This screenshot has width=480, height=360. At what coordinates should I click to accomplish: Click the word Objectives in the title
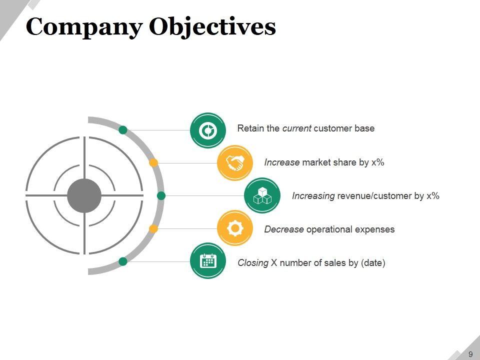coord(212,27)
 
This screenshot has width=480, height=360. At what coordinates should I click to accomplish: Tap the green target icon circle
coord(207,130)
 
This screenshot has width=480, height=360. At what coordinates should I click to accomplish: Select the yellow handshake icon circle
coord(234,162)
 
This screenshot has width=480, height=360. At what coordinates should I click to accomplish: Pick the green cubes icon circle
coord(262,195)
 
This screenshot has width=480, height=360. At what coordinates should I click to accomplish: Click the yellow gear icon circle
coord(234,228)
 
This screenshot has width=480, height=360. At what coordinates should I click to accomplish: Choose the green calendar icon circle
coord(207,261)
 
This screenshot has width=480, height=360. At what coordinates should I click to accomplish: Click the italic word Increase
coord(282,162)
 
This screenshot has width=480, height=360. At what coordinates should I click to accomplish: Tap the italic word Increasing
coord(313,195)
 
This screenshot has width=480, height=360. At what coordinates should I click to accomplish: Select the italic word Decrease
coord(284,229)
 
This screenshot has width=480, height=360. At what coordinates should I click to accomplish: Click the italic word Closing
coord(253,262)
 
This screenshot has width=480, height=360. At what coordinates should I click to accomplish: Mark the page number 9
coord(470,354)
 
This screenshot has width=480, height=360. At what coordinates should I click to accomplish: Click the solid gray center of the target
coord(84,195)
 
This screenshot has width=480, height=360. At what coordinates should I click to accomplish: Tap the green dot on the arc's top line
coord(123,130)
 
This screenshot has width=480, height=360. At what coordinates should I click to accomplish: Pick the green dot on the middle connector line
coord(161,195)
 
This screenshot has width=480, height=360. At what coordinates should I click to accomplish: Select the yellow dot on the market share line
coord(154,162)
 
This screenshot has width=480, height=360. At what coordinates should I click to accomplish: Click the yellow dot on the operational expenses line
coord(154,228)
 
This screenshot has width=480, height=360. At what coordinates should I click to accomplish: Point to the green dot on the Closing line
coord(123,261)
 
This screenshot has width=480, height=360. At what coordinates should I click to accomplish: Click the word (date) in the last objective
coord(373,262)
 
